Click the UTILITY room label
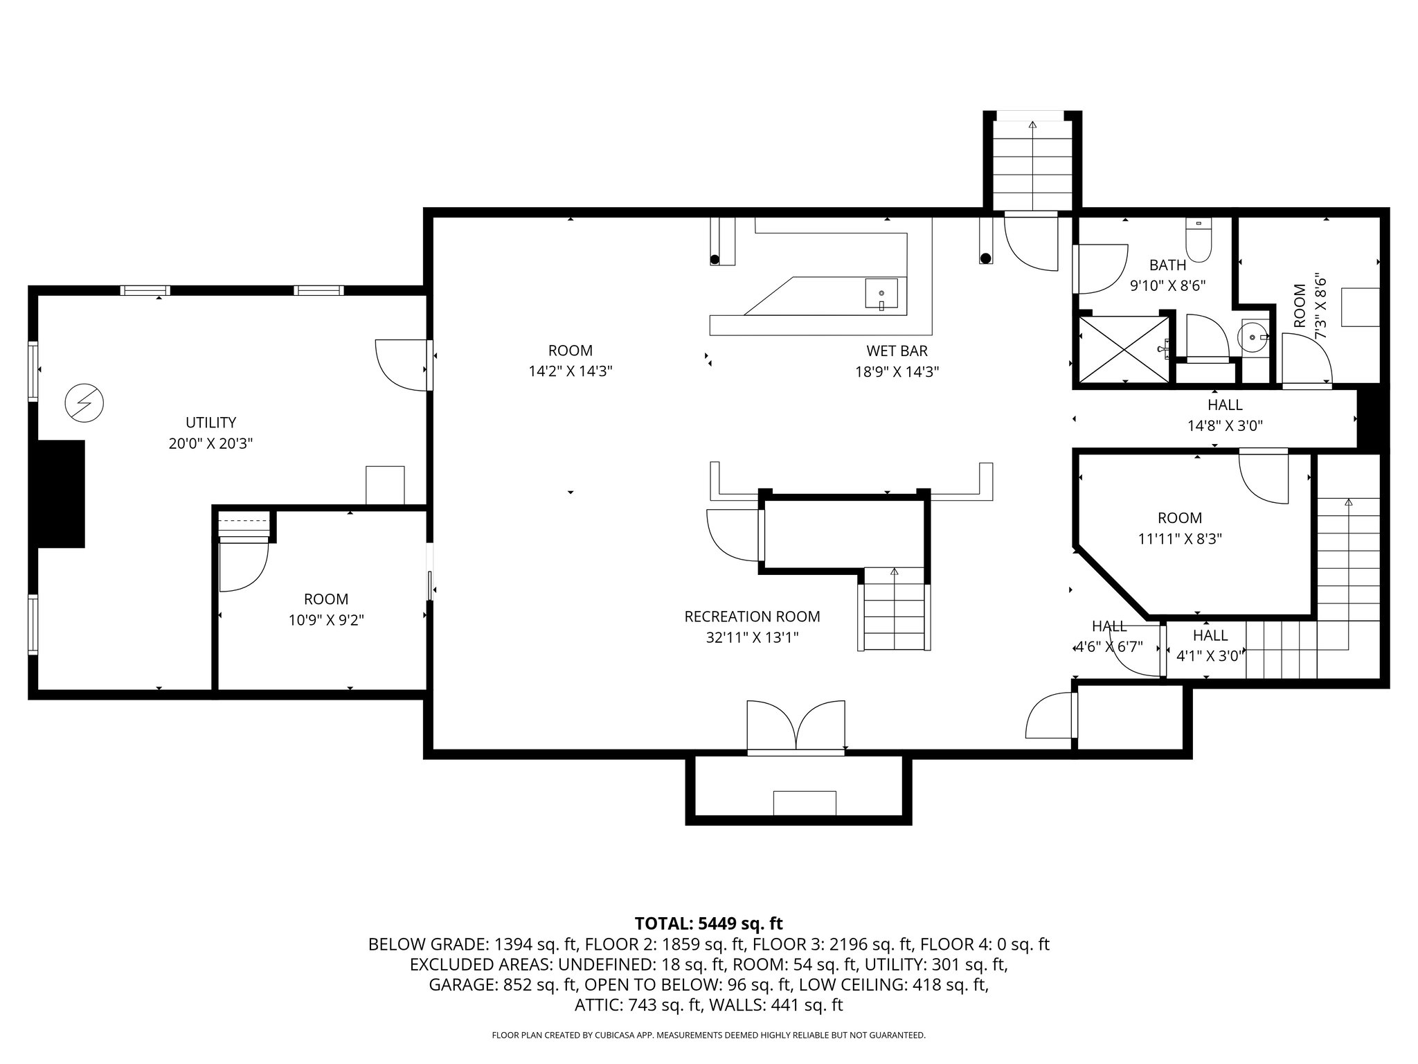click(211, 423)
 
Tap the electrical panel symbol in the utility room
click(84, 402)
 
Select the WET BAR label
click(897, 351)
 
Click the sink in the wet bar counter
click(881, 293)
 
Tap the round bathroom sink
click(1253, 337)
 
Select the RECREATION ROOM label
click(752, 617)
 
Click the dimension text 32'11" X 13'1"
click(753, 637)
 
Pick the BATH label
click(1168, 265)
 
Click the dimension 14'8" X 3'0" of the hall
click(1225, 426)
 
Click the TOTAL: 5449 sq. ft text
click(709, 923)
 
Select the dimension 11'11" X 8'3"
click(1180, 539)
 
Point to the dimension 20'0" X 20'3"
click(210, 443)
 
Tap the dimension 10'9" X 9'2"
click(326, 620)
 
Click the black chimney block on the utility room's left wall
click(60, 494)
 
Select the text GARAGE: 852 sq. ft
click(503, 985)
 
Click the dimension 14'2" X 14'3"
click(571, 371)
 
